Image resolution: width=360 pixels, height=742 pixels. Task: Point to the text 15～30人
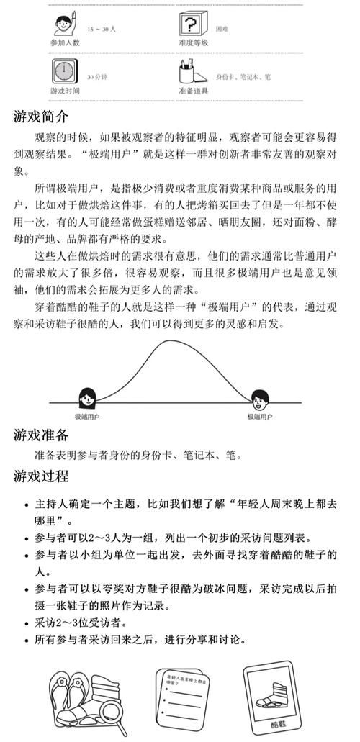100,30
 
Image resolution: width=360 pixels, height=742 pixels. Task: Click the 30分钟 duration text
97,76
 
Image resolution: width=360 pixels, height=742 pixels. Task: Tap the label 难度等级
193,44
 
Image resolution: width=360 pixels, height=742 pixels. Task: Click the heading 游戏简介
41,115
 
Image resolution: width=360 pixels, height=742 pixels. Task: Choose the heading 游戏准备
41,435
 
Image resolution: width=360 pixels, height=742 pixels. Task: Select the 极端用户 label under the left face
87,416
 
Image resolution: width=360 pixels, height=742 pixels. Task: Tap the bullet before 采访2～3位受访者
27,623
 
